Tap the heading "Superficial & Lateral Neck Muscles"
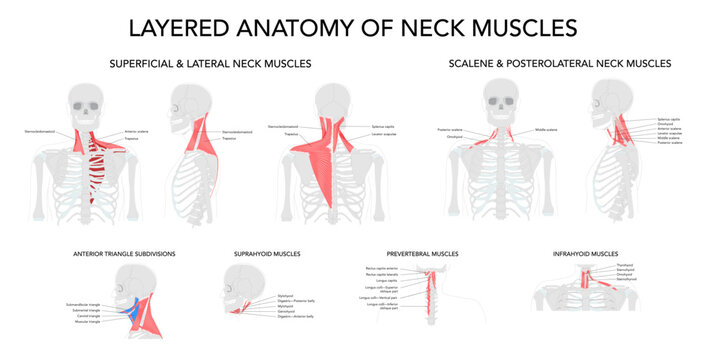(x=209, y=63)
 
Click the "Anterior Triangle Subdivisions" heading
(x=124, y=254)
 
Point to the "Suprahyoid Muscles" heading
(x=261, y=254)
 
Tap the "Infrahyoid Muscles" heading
(x=585, y=254)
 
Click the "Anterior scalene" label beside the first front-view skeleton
(x=138, y=132)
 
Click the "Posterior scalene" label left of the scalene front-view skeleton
(x=450, y=130)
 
